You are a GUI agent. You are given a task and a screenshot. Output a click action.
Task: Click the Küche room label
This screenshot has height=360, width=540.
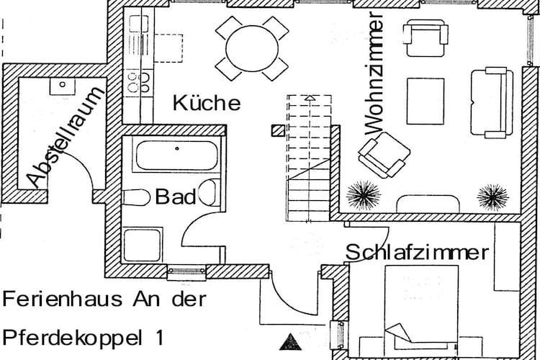coord(207,103)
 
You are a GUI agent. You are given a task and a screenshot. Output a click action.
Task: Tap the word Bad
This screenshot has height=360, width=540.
coord(176,197)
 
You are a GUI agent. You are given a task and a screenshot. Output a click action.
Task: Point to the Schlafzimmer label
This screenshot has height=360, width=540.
coord(418,253)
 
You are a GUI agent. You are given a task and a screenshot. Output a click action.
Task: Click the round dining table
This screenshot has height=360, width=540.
coord(252,48)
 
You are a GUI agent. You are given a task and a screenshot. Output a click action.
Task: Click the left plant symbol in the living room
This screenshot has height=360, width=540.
coord(364,194)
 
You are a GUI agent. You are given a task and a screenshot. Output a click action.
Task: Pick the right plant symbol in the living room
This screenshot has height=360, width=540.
coord(493,195)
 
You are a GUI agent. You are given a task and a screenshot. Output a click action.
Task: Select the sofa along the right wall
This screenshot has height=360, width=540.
coord(492,102)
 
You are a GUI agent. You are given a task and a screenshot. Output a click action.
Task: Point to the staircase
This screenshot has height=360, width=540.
coord(309,158)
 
